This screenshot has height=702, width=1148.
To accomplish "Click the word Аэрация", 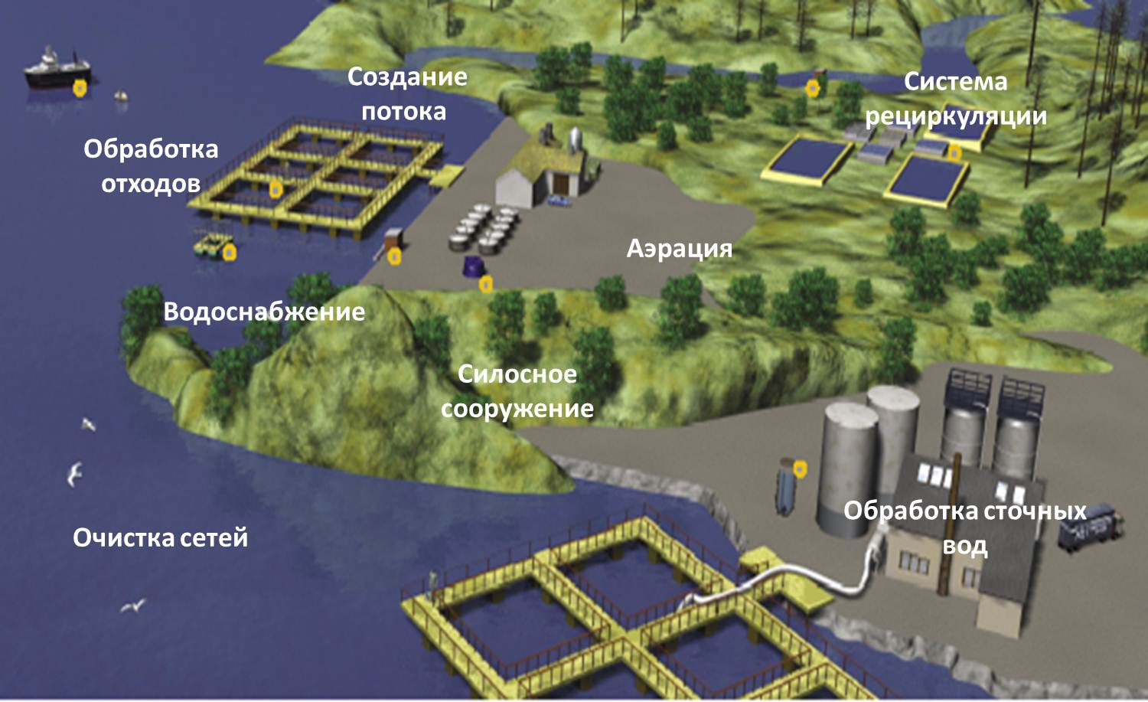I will tap(680, 249).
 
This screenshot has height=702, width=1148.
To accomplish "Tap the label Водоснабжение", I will tap(264, 312).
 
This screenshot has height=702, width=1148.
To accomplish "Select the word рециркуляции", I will tap(955, 116).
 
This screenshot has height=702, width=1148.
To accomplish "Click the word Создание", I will tap(407, 77).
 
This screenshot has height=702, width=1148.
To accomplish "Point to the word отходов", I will tap(151, 184).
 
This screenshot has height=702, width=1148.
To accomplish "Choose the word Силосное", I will tap(517, 374).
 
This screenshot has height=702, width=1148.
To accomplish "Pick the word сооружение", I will tap(517, 409).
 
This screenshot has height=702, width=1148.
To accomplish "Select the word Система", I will tap(955, 82).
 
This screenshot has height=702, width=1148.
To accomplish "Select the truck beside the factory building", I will tap(1090, 526).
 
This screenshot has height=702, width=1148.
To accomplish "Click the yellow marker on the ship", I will tap(80, 88).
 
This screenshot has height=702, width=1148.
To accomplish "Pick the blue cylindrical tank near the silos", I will tap(785, 488).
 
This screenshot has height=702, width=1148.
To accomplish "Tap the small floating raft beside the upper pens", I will tap(211, 246).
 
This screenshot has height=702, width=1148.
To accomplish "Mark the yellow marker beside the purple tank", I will tap(485, 285).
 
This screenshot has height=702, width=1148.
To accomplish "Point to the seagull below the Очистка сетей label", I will tap(133, 606).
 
